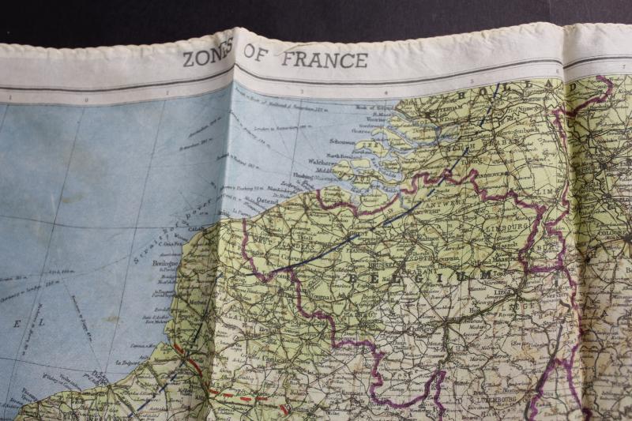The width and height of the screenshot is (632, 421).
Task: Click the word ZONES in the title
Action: (x=209, y=59)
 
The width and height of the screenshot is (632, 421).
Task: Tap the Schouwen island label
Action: (x=342, y=141)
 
